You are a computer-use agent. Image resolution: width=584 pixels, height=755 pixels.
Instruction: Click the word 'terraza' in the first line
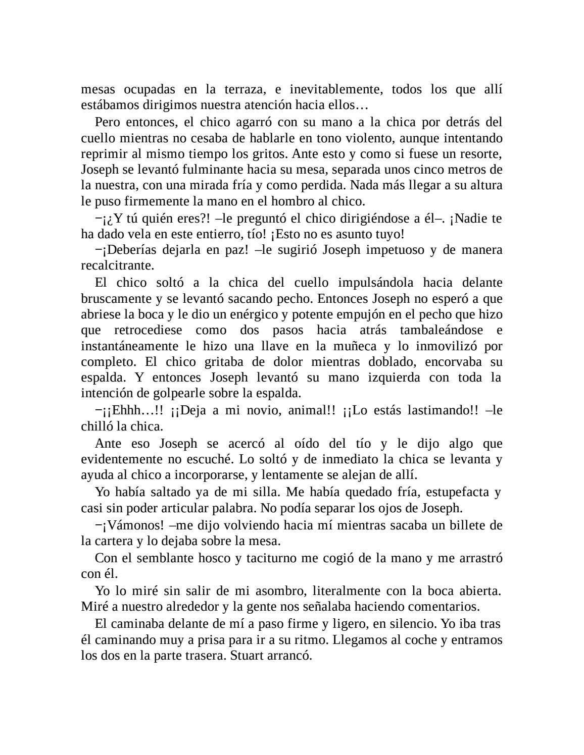click(243, 89)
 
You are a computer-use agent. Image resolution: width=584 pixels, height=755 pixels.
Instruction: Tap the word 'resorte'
click(480, 153)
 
